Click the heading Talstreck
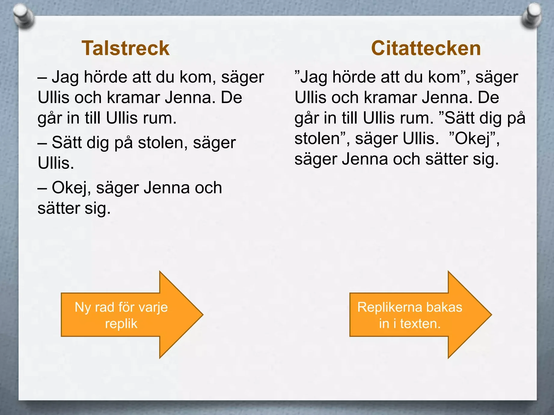125,48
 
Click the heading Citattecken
426,48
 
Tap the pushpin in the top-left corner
24,17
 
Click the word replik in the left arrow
121,324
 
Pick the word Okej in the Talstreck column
71,188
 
